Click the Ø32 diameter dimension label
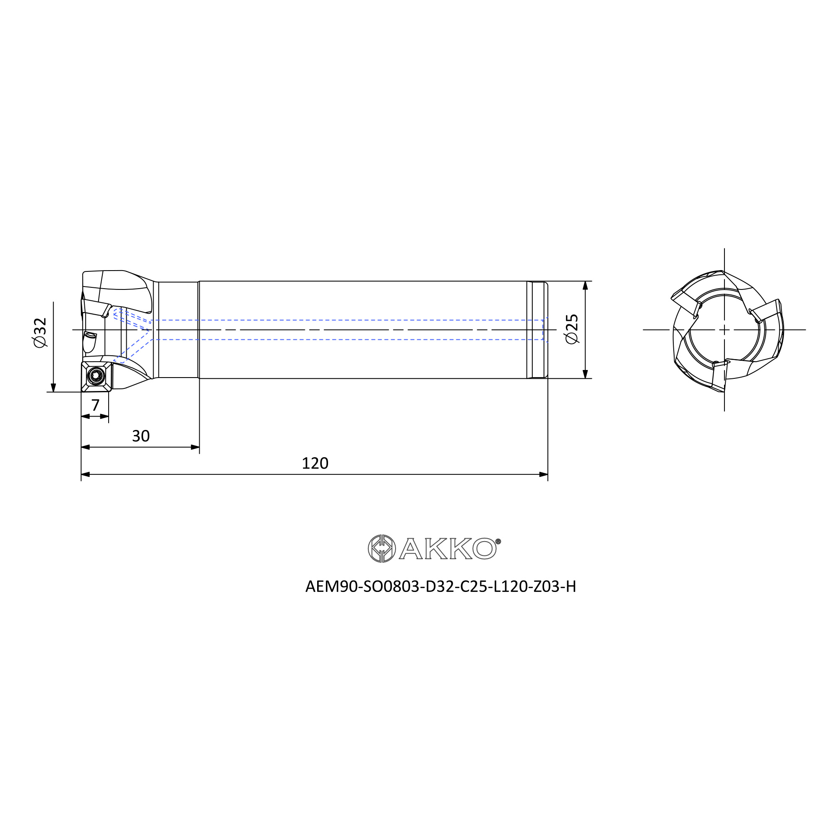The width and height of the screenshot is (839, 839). [x=39, y=332]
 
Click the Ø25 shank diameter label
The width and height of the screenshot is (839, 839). [x=572, y=329]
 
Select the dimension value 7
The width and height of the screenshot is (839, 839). [x=96, y=405]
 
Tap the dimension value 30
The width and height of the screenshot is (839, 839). [x=141, y=436]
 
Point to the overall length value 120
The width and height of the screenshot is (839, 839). [x=315, y=464]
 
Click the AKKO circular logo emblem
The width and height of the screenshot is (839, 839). [x=382, y=548]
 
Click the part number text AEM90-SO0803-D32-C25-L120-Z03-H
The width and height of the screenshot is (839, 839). [x=441, y=587]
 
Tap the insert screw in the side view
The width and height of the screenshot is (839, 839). [x=96, y=375]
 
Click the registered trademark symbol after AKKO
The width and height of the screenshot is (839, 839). [x=498, y=541]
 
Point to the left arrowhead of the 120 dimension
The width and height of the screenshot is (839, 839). [x=85, y=474]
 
